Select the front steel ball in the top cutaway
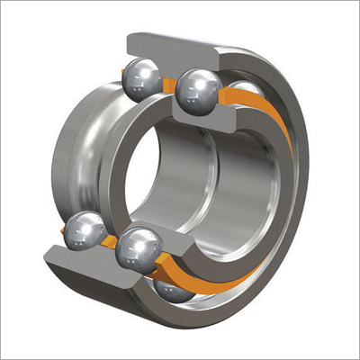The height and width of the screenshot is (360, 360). pos(199,87)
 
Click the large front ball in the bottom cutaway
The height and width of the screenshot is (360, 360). pos(139,247)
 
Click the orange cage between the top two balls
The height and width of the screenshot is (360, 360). pos(169,84)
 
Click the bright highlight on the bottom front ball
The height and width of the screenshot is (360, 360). pos(133,241)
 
